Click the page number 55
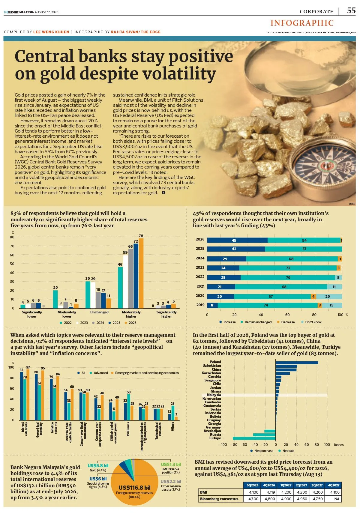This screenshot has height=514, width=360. pos(351,10)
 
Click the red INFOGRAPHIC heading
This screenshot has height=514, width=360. pos(302,23)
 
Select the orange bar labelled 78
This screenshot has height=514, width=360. pos(141,273)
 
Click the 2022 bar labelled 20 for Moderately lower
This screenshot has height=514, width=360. pos(55,299)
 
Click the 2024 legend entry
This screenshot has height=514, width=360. pos(98,323)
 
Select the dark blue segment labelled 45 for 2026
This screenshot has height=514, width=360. pos(237,240)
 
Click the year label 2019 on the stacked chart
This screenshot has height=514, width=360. pos(200,305)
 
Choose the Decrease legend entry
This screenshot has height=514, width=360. pos(286,322)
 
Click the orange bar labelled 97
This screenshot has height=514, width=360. pos(28,395)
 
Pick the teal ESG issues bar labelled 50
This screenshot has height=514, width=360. pos(129,407)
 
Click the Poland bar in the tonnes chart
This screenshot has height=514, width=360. pos(297,363)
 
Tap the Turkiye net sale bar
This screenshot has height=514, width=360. pos(254,438)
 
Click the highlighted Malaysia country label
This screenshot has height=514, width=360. pos(214,395)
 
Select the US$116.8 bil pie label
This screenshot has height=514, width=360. pos(134,488)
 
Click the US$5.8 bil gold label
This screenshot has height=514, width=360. pos(98,466)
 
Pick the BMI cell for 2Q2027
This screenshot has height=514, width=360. pos(302,492)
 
